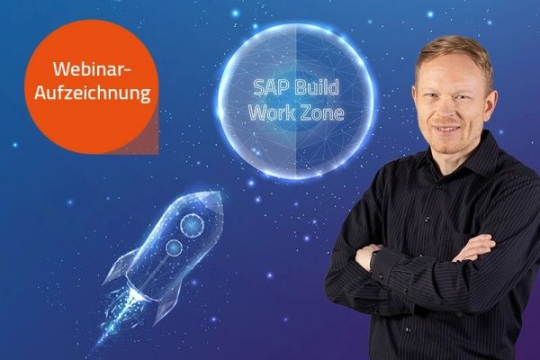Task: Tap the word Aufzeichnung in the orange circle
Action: [x=90, y=93]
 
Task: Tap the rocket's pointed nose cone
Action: [x=213, y=196]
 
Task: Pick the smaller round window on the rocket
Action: [x=171, y=245]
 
